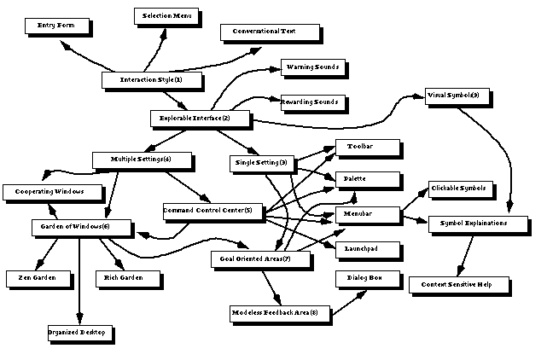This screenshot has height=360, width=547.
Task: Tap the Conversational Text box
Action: pos(270,32)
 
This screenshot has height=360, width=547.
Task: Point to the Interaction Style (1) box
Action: pos(150,79)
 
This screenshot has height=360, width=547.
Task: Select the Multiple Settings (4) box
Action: pos(141,159)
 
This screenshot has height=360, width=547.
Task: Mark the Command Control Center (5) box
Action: pos(207,209)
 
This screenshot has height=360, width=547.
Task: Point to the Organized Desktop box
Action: pos(77,332)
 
